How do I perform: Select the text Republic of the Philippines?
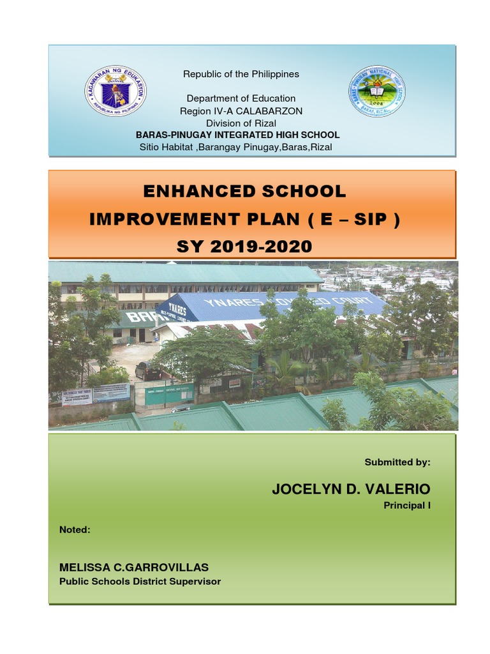pos(241,74)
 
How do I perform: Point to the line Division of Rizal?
pos(241,123)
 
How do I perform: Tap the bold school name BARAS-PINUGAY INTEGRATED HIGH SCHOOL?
pos(237,135)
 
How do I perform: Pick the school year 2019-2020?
pos(268,246)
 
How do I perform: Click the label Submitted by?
pos(397,461)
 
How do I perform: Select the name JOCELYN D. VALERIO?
pos(351,489)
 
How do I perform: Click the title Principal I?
pos(406,505)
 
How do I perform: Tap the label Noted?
pos(75,529)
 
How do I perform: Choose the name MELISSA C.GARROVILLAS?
pos(134,567)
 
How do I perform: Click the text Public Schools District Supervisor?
pos(140,581)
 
